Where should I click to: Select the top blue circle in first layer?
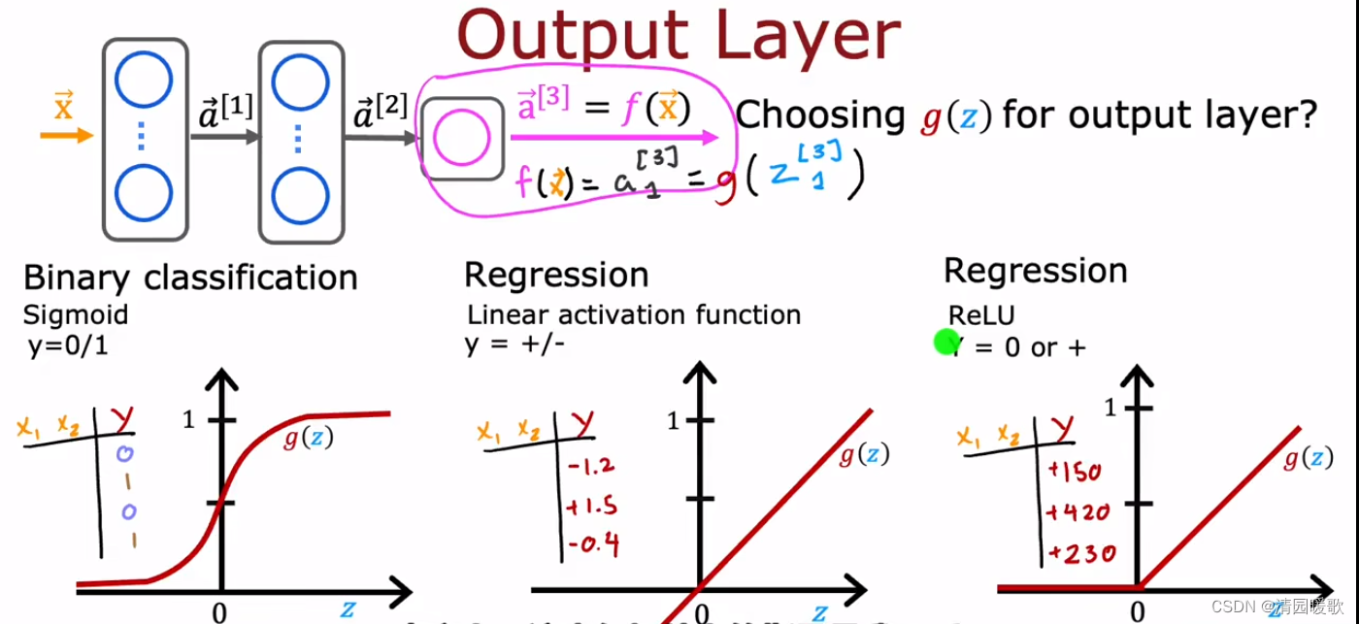pos(144,84)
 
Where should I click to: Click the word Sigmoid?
pos(76,315)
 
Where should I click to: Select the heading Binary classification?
pos(190,278)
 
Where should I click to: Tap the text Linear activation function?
pos(634,315)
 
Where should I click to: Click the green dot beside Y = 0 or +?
pos(945,342)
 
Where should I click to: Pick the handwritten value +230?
pos(1081,554)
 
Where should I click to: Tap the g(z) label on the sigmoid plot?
pos(309,439)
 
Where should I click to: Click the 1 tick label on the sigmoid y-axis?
pos(190,420)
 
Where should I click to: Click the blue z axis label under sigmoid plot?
pos(347,610)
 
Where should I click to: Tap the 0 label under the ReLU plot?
pos(1137,612)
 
